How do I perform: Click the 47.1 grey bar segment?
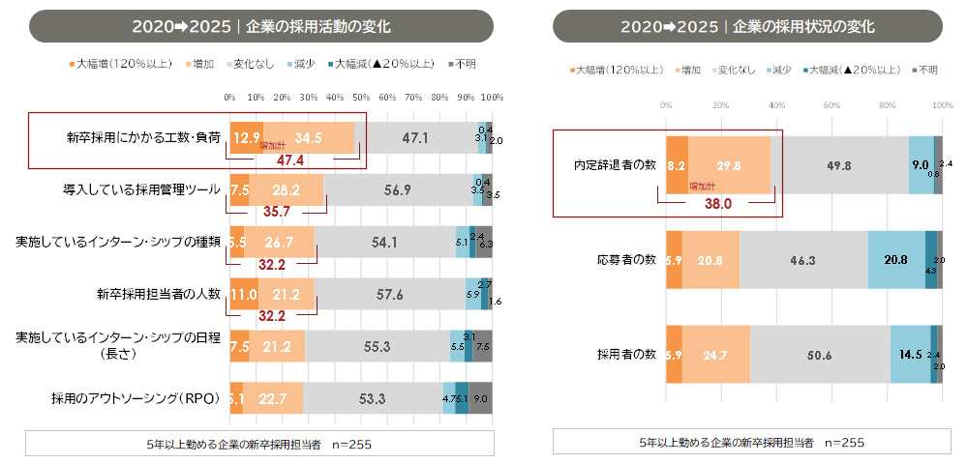pos(415,138)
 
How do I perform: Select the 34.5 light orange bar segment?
pos(308,138)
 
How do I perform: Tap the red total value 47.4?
pos(291,159)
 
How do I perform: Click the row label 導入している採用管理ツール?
pos(141,189)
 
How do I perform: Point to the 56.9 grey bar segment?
pos(398,189)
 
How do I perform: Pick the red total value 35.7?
pos(278,210)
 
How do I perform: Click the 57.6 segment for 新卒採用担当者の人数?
pos(389,294)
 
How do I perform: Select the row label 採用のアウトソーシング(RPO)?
pos(136,397)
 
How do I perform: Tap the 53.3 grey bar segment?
pos(373,397)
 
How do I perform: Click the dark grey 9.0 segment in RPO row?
pos(480,397)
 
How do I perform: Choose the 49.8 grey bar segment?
pos(839,165)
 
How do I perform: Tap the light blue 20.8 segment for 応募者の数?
pos(896,260)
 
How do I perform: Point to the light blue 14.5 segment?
pos(910,355)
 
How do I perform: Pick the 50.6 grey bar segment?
pos(820,355)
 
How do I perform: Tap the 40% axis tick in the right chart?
pos(776,104)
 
